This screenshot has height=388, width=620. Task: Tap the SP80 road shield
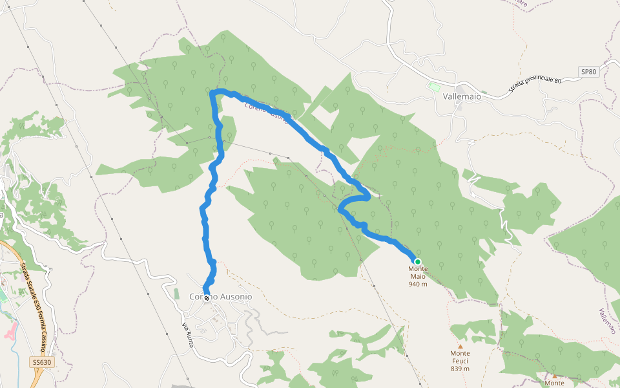(x=588, y=72)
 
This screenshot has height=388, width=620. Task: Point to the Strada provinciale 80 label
(x=535, y=81)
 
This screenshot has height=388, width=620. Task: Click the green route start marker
(x=418, y=262)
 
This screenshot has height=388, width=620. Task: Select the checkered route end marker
(x=207, y=298)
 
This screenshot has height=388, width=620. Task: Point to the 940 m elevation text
(x=418, y=284)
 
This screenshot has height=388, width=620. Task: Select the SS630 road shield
(x=41, y=363)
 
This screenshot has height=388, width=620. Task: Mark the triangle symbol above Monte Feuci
(x=460, y=347)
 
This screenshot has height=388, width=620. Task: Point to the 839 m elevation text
(x=460, y=369)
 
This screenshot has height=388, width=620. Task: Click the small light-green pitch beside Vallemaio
(x=434, y=86)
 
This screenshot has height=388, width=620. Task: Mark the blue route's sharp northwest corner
(x=213, y=94)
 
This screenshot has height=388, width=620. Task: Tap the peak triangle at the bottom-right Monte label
(x=554, y=376)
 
